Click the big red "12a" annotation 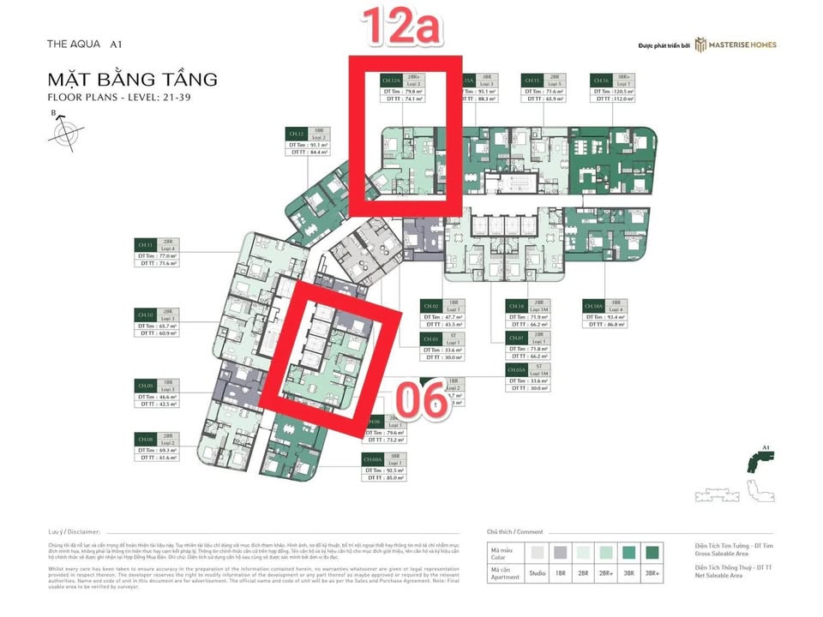coord(400,28)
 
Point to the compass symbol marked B coord(60,133)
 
